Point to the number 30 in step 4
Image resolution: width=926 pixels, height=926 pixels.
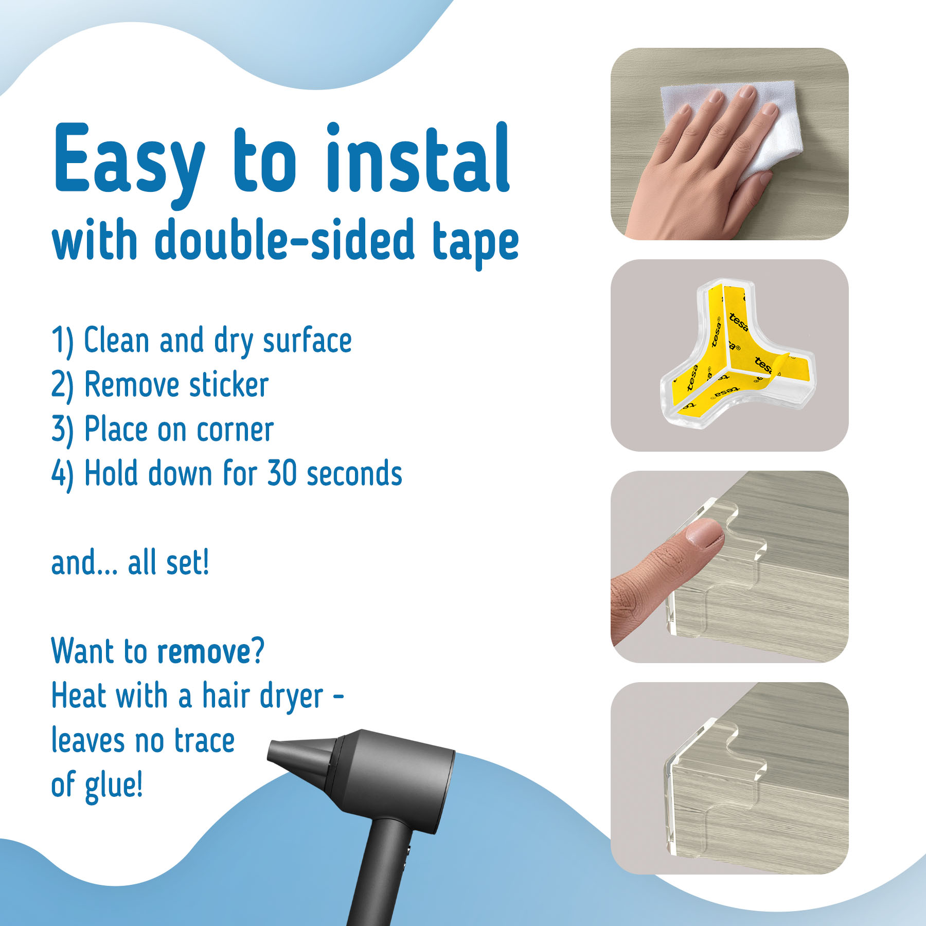pyautogui.click(x=282, y=473)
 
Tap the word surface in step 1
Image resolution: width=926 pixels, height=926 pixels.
pyautogui.click(x=307, y=340)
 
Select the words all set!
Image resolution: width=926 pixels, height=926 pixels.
pyautogui.click(x=168, y=562)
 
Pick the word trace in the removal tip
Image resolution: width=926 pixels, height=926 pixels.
pyautogui.click(x=205, y=741)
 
